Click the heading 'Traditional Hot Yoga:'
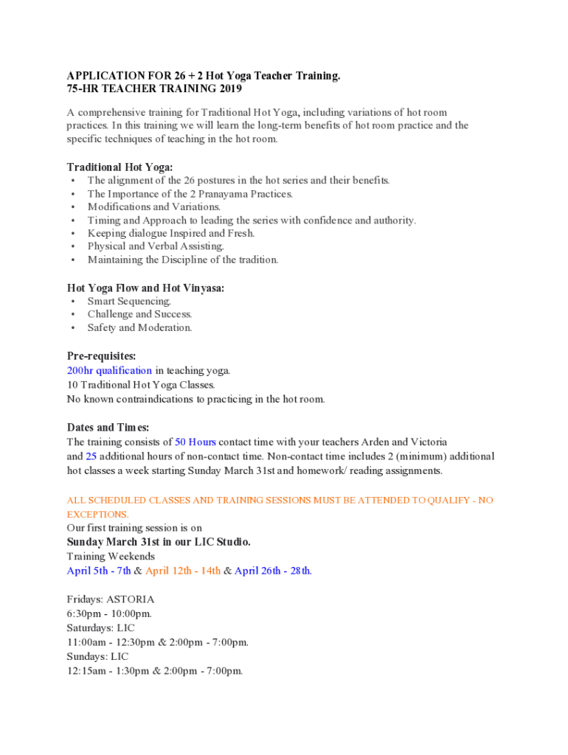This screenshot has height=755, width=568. [x=120, y=167]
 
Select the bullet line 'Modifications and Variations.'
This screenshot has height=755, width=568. [x=154, y=207]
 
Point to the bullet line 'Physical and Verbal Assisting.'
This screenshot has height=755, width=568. [x=156, y=246]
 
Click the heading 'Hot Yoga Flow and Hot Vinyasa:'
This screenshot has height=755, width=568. [x=146, y=288]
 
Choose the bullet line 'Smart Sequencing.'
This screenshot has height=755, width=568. [x=130, y=301]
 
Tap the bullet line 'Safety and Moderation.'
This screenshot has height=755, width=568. [x=139, y=327]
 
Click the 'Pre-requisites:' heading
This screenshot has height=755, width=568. [x=102, y=356]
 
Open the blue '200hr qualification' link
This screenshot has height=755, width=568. [x=109, y=371]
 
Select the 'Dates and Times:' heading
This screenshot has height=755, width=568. [x=108, y=428]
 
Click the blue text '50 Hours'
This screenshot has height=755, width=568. [x=195, y=442]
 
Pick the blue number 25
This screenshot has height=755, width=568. [x=91, y=456]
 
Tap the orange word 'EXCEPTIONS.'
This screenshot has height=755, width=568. [x=97, y=514]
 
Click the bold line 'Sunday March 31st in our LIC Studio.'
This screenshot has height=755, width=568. [x=159, y=542]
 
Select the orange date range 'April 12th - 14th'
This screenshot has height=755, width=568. [x=183, y=571]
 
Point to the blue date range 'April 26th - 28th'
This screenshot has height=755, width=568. [x=272, y=571]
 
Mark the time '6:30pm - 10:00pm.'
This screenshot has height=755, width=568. [x=109, y=613]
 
